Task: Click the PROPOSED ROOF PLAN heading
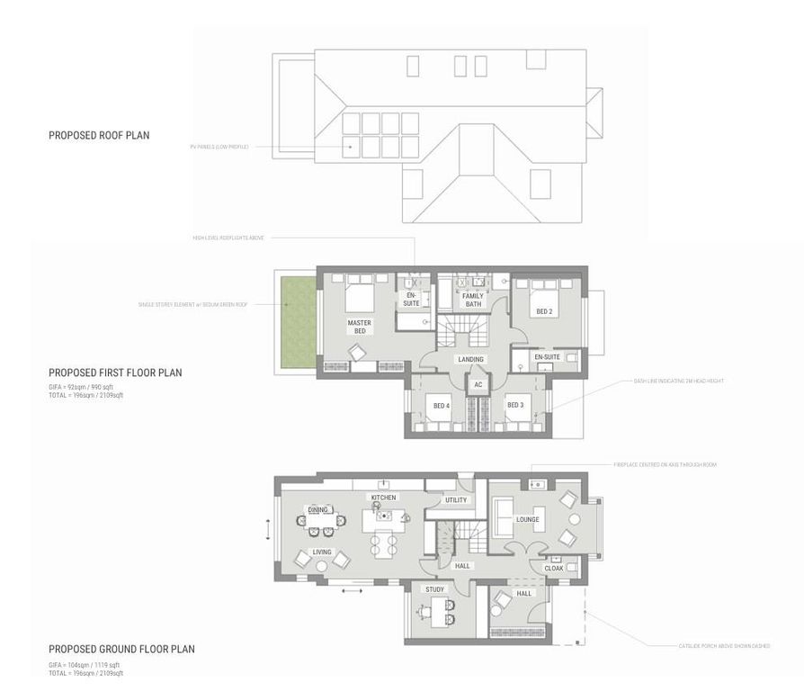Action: click(x=99, y=136)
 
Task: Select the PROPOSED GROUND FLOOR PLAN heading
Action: click(x=121, y=649)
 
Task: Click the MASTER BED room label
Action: click(x=360, y=327)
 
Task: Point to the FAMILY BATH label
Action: click(x=473, y=301)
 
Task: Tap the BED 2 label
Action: click(x=545, y=312)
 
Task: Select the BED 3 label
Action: click(x=515, y=405)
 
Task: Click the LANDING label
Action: click(x=470, y=360)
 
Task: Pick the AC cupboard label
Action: click(x=478, y=385)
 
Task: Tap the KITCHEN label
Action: click(x=383, y=498)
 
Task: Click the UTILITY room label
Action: click(x=456, y=500)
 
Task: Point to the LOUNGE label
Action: click(x=528, y=520)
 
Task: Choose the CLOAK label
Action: click(x=554, y=569)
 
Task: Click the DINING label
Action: click(x=318, y=510)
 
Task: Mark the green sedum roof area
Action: click(x=298, y=321)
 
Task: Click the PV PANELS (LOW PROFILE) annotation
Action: click(x=219, y=146)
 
